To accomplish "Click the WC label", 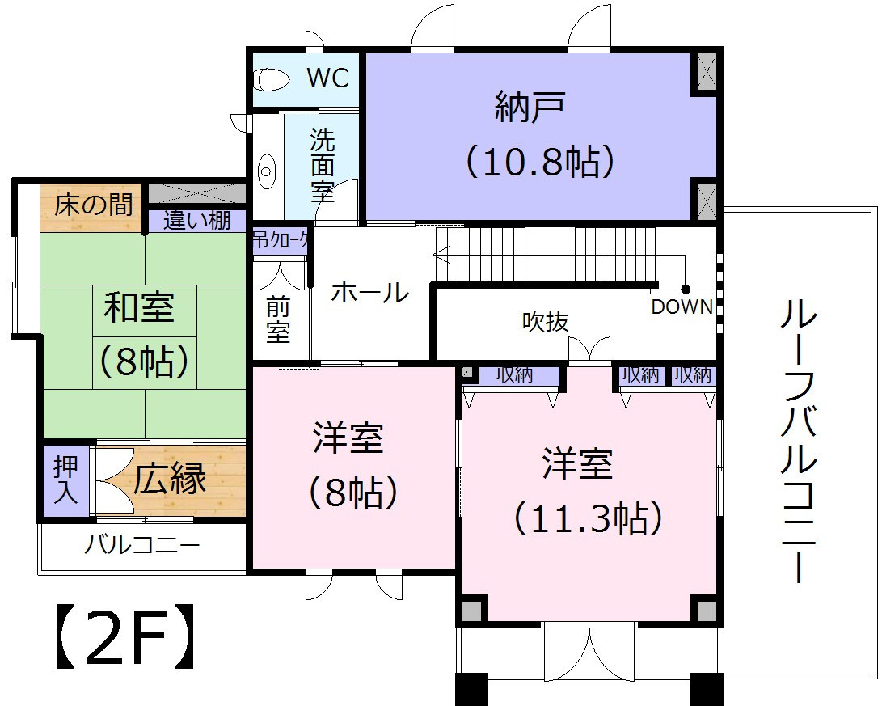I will point(328,78).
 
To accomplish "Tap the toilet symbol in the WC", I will point(272,79).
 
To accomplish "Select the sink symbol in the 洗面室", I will point(266,171).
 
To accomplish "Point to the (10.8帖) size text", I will point(539,162).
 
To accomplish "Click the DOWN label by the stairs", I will point(682,307).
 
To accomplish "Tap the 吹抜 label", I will point(545,322).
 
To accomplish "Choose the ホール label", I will point(369,293).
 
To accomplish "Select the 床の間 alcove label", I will point(94,205).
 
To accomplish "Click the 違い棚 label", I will point(197,220).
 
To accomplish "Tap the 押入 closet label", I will point(65,480).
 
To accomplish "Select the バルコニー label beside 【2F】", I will point(142,547).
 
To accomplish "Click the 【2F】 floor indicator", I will point(125,645).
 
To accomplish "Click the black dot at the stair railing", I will point(686,289).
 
